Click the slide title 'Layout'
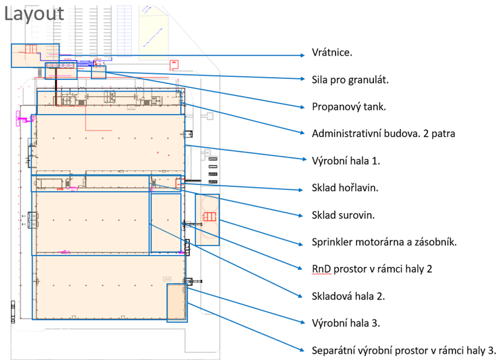click(34, 13)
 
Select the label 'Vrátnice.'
click(332, 53)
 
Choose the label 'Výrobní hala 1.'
click(345, 161)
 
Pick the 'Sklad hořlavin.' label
click(345, 188)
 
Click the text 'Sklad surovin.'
click(343, 215)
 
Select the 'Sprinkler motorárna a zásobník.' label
click(384, 242)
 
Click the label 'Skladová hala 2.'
click(348, 296)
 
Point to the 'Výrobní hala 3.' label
click(345, 323)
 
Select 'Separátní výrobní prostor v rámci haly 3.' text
click(404, 350)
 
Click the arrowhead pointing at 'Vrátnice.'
click(303, 55)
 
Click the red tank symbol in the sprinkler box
click(209, 217)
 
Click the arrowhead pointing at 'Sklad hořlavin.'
click(303, 190)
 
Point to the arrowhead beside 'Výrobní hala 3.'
click(303, 322)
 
